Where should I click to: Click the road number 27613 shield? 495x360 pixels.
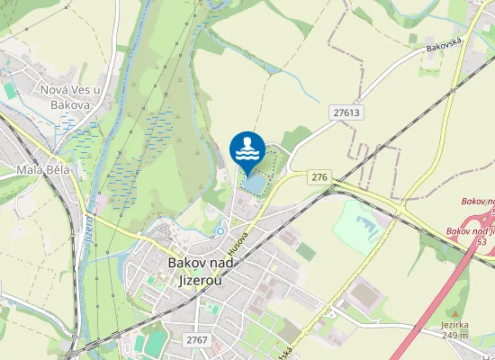coord(346,112)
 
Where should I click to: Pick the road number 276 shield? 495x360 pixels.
coord(319,177)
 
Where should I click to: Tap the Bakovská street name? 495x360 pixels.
coord(444,42)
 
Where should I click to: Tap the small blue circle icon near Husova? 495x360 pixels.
coord(220,230)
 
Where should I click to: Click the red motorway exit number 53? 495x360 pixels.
coord(481,242)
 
